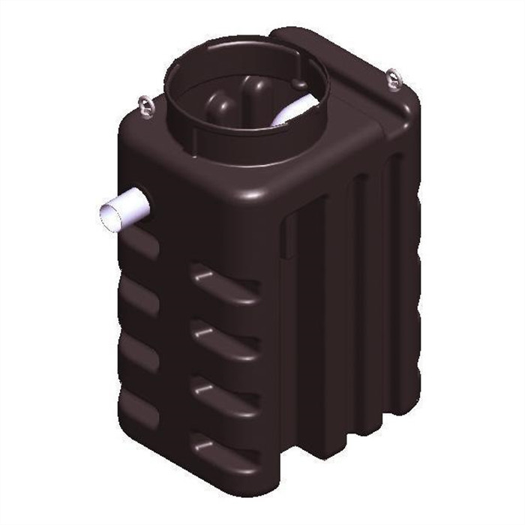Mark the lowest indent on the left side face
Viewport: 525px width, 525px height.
pos(139,405)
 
